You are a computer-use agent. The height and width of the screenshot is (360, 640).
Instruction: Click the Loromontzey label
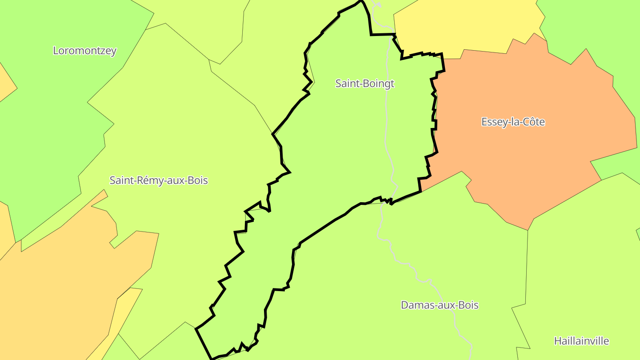click(84, 51)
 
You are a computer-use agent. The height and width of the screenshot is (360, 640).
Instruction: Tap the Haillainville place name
click(581, 341)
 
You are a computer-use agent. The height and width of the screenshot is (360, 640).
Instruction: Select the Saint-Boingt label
click(364, 84)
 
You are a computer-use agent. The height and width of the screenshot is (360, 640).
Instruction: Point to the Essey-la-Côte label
click(513, 122)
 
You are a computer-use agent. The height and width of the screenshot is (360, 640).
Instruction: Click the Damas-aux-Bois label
click(440, 305)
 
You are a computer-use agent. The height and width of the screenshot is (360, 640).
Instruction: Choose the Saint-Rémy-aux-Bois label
click(159, 180)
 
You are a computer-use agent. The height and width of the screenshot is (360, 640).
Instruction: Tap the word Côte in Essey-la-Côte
click(533, 122)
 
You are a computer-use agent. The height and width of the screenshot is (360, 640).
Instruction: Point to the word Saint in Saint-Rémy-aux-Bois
click(120, 180)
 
